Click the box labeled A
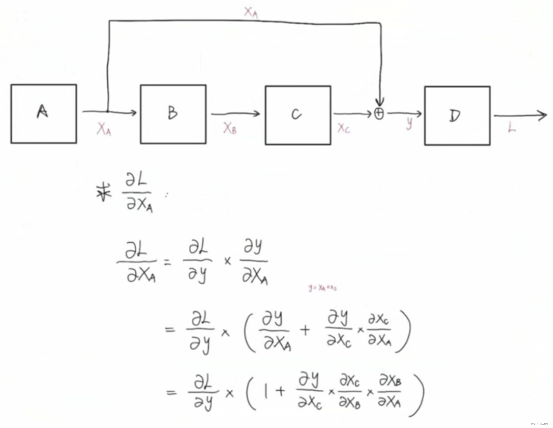coord(44,114)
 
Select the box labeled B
coord(173,114)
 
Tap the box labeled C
coord(298,115)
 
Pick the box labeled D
coord(457,116)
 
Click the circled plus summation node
coord(379,114)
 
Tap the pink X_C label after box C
coord(344,128)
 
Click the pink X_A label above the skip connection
coord(251,13)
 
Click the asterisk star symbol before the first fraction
coord(103,192)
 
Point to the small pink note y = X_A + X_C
coord(322,287)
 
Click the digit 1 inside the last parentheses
coord(266,392)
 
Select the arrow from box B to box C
coord(235,114)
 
